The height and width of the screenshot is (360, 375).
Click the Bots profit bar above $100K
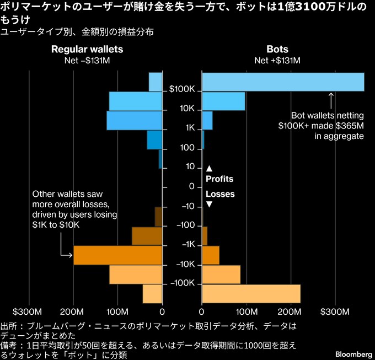(283, 82)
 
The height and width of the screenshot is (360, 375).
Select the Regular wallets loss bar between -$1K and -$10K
(118, 255)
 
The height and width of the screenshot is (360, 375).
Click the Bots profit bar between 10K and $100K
(223, 101)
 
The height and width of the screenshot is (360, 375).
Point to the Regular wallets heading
(87, 49)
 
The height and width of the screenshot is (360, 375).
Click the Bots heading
(277, 49)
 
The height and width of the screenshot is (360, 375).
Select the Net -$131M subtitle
(87, 60)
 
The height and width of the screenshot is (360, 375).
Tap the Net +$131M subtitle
(277, 60)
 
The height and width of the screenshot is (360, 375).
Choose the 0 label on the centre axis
(191, 186)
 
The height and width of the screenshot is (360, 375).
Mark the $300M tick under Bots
(336, 312)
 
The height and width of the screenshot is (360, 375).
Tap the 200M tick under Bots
(291, 312)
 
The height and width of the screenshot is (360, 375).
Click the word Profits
(219, 179)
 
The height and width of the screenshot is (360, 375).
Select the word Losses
(220, 194)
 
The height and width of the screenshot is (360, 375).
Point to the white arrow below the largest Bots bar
(331, 99)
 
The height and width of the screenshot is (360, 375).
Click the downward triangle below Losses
(209, 205)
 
